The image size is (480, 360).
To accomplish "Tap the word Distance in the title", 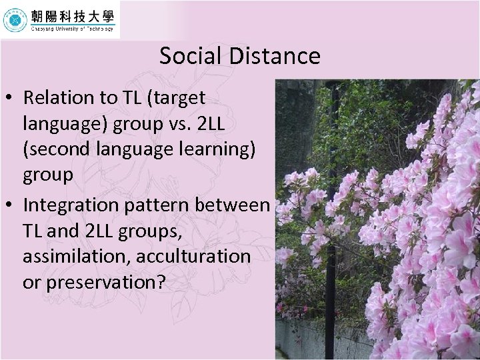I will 275,56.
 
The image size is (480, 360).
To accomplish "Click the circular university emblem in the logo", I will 15,20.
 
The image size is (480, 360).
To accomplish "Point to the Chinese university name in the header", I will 72,16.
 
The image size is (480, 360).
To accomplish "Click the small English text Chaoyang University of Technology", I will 72,29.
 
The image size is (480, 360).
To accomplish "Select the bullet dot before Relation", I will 11,98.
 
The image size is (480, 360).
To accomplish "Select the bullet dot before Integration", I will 11,205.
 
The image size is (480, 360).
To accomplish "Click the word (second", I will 56,149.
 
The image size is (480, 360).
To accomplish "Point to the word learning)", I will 222,149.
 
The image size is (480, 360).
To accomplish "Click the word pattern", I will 158,205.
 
